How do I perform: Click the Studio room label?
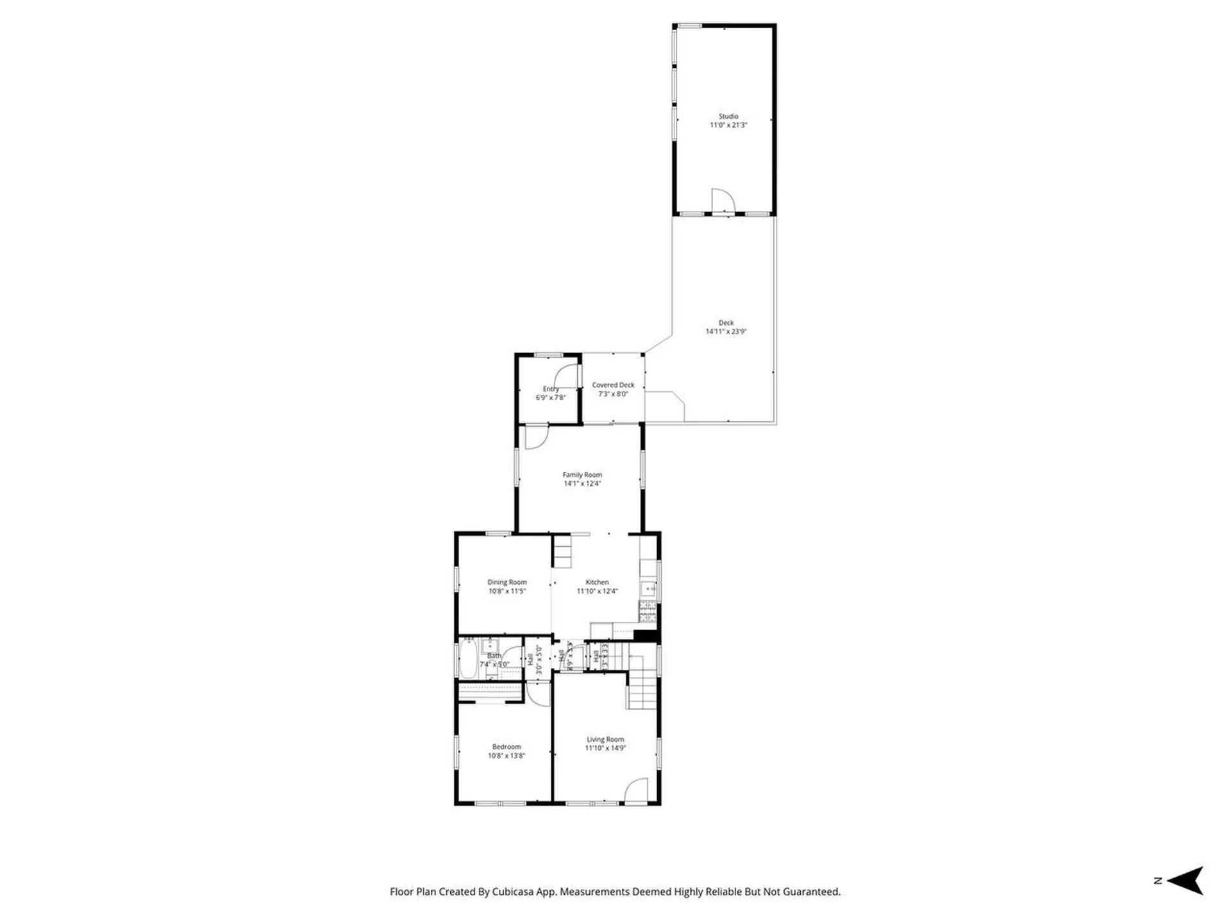pyautogui.click(x=728, y=117)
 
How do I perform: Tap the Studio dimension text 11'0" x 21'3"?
pyautogui.click(x=728, y=126)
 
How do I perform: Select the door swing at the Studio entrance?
pyautogui.click(x=722, y=200)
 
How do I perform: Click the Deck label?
pyautogui.click(x=726, y=323)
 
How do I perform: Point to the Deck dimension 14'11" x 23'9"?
pyautogui.click(x=726, y=332)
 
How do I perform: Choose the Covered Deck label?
pyautogui.click(x=613, y=385)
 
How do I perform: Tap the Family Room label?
pyautogui.click(x=582, y=475)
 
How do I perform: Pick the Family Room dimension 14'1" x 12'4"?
pyautogui.click(x=582, y=484)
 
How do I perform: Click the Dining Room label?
pyautogui.click(x=507, y=583)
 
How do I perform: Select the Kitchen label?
pyautogui.click(x=597, y=583)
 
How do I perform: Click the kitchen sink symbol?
pyautogui.click(x=648, y=588)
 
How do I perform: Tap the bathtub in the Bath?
pyautogui.click(x=468, y=659)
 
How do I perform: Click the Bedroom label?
pyautogui.click(x=507, y=747)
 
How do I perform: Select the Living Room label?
pyautogui.click(x=605, y=740)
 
